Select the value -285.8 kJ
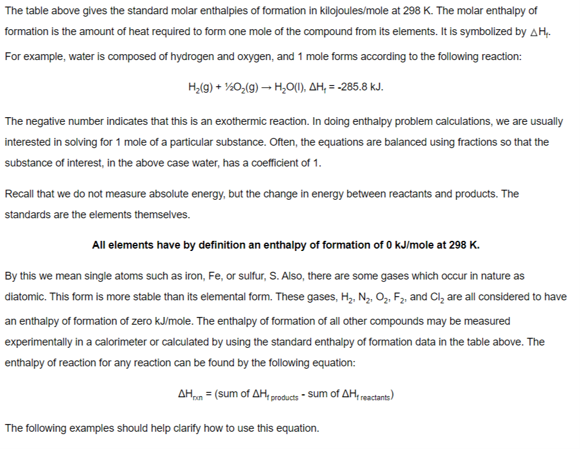(360, 87)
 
